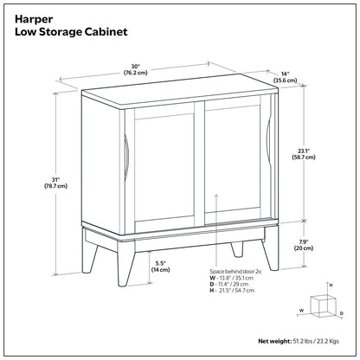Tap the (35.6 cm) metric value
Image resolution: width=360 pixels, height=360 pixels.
[286, 82]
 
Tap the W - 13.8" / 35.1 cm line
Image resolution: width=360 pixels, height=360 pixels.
[236, 280]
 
